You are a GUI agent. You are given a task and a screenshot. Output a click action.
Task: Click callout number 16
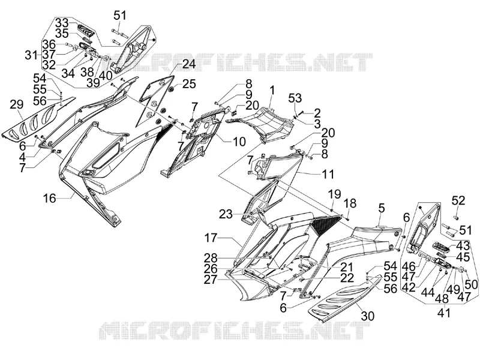click(50, 198)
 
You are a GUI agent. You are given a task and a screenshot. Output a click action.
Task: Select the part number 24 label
click(189, 64)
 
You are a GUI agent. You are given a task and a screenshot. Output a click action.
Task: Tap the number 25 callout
click(189, 83)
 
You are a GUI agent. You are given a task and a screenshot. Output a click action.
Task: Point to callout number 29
click(17, 104)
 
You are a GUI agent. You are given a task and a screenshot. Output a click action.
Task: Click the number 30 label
click(367, 316)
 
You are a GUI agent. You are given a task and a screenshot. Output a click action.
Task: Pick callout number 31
click(31, 55)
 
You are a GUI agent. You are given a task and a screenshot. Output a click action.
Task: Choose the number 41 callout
click(444, 313)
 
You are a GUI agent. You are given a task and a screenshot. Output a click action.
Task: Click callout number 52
click(458, 200)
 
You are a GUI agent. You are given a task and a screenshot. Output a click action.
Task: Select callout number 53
click(295, 98)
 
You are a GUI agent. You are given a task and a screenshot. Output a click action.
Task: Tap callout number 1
click(272, 91)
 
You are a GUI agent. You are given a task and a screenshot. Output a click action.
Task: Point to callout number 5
click(381, 208)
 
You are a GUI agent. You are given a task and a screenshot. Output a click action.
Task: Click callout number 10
click(239, 142)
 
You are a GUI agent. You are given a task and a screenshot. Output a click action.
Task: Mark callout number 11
click(328, 174)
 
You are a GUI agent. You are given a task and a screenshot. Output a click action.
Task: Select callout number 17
click(211, 238)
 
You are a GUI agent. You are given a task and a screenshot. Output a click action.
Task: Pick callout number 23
click(226, 214)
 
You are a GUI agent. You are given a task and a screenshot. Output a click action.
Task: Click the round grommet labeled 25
click(172, 89)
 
